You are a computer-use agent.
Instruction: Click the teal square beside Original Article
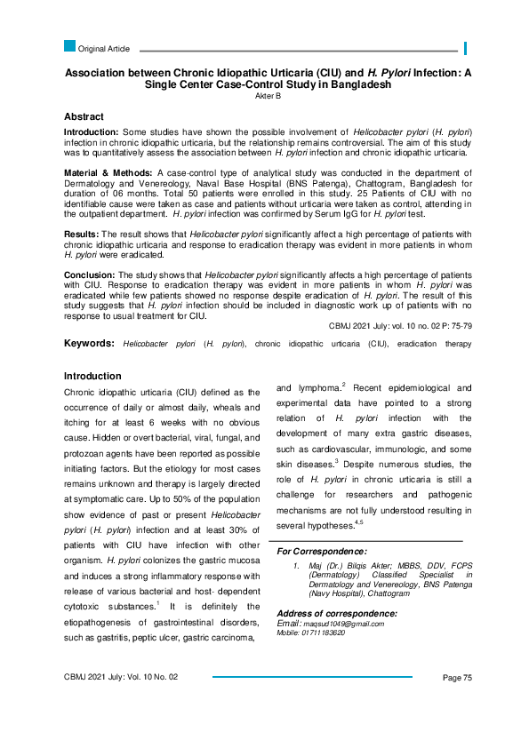[70, 46]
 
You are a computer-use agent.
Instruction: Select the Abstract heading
[84, 116]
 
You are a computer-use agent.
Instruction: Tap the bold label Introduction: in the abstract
[93, 131]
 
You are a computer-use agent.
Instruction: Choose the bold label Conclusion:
[90, 275]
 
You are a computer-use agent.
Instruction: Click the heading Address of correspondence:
[337, 614]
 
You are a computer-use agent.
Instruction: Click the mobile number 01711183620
[322, 632]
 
